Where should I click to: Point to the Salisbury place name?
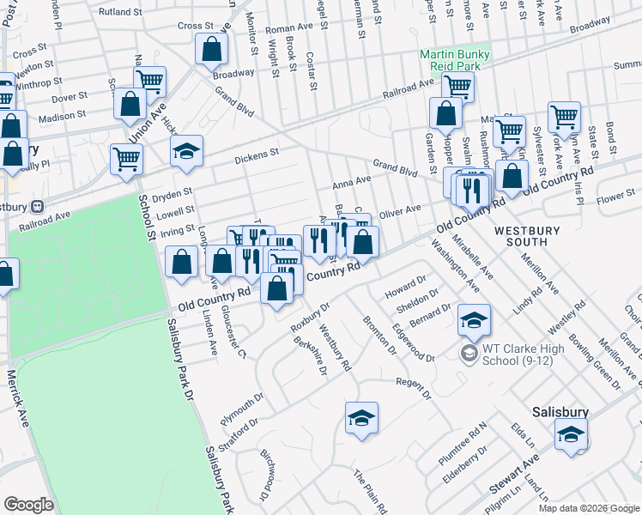coord(560,412)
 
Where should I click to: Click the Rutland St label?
coord(120,13)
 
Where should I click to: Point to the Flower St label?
coord(616,197)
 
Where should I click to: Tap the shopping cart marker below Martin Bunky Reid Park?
coord(457,85)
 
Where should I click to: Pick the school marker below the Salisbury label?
coord(571,435)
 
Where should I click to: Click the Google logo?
coord(29,505)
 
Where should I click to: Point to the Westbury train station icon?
coord(38,207)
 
